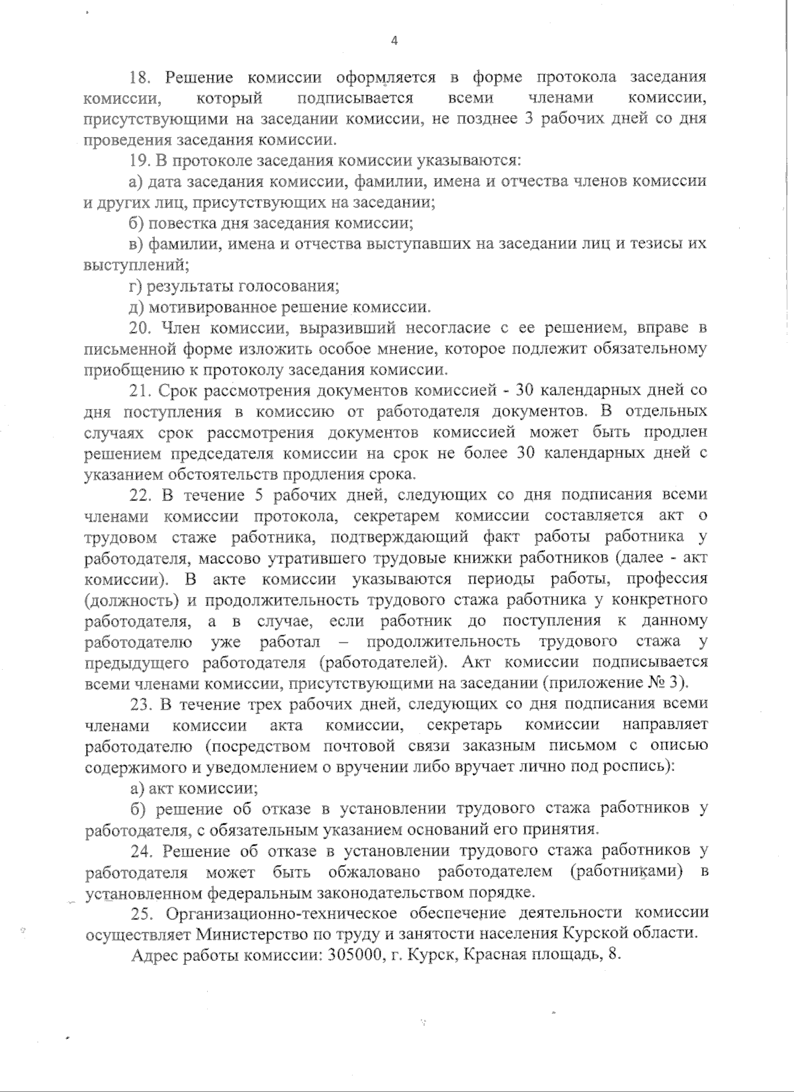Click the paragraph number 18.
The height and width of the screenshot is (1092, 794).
140,77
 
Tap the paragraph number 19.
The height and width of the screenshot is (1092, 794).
140,160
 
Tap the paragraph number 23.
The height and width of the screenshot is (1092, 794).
142,703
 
